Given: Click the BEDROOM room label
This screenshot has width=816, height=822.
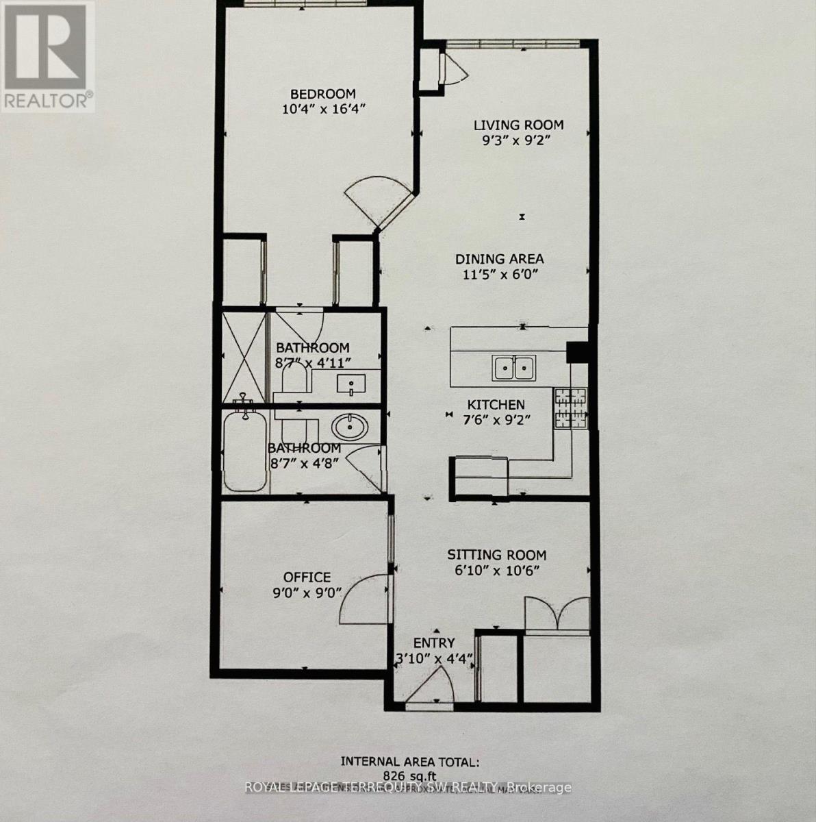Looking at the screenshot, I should coord(322,94).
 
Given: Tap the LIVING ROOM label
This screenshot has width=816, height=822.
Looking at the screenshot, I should coord(518,125).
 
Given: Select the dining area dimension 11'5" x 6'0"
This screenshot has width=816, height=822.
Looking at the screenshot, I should coord(500,275).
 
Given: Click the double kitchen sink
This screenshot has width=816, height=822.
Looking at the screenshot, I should coord(513,368).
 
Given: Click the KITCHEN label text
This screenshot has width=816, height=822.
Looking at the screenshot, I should coord(496,405).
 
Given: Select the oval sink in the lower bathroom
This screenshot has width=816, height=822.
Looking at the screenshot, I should coord(350,429).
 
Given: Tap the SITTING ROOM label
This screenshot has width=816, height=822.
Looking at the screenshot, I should coord(496,555).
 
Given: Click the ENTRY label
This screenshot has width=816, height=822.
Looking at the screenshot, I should coord(433,643).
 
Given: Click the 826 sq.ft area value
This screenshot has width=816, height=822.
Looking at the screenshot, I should coord(410,774).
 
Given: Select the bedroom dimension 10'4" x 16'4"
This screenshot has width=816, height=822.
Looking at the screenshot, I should coord(322,110).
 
